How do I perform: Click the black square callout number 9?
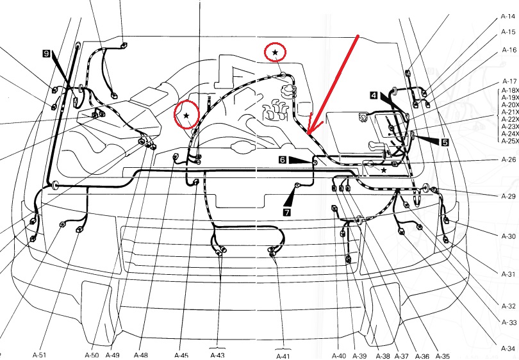point(46,53)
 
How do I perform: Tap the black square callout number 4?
point(374,95)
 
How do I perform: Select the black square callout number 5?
point(445,142)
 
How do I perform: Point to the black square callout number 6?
point(283,160)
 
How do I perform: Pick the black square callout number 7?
point(286,212)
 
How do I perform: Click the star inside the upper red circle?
point(275,53)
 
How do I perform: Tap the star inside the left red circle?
point(186,115)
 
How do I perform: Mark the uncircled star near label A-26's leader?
point(384,170)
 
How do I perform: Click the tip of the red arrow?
point(308,134)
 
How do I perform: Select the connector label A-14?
point(508,16)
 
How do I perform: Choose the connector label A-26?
point(509,160)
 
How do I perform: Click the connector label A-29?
point(509,196)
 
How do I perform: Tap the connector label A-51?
point(39,355)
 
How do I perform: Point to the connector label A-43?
point(217,356)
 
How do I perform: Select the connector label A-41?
point(283,356)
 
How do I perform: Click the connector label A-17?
point(509,81)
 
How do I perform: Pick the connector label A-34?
point(508,348)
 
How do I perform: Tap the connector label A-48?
point(141,355)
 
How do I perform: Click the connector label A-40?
point(338,356)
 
